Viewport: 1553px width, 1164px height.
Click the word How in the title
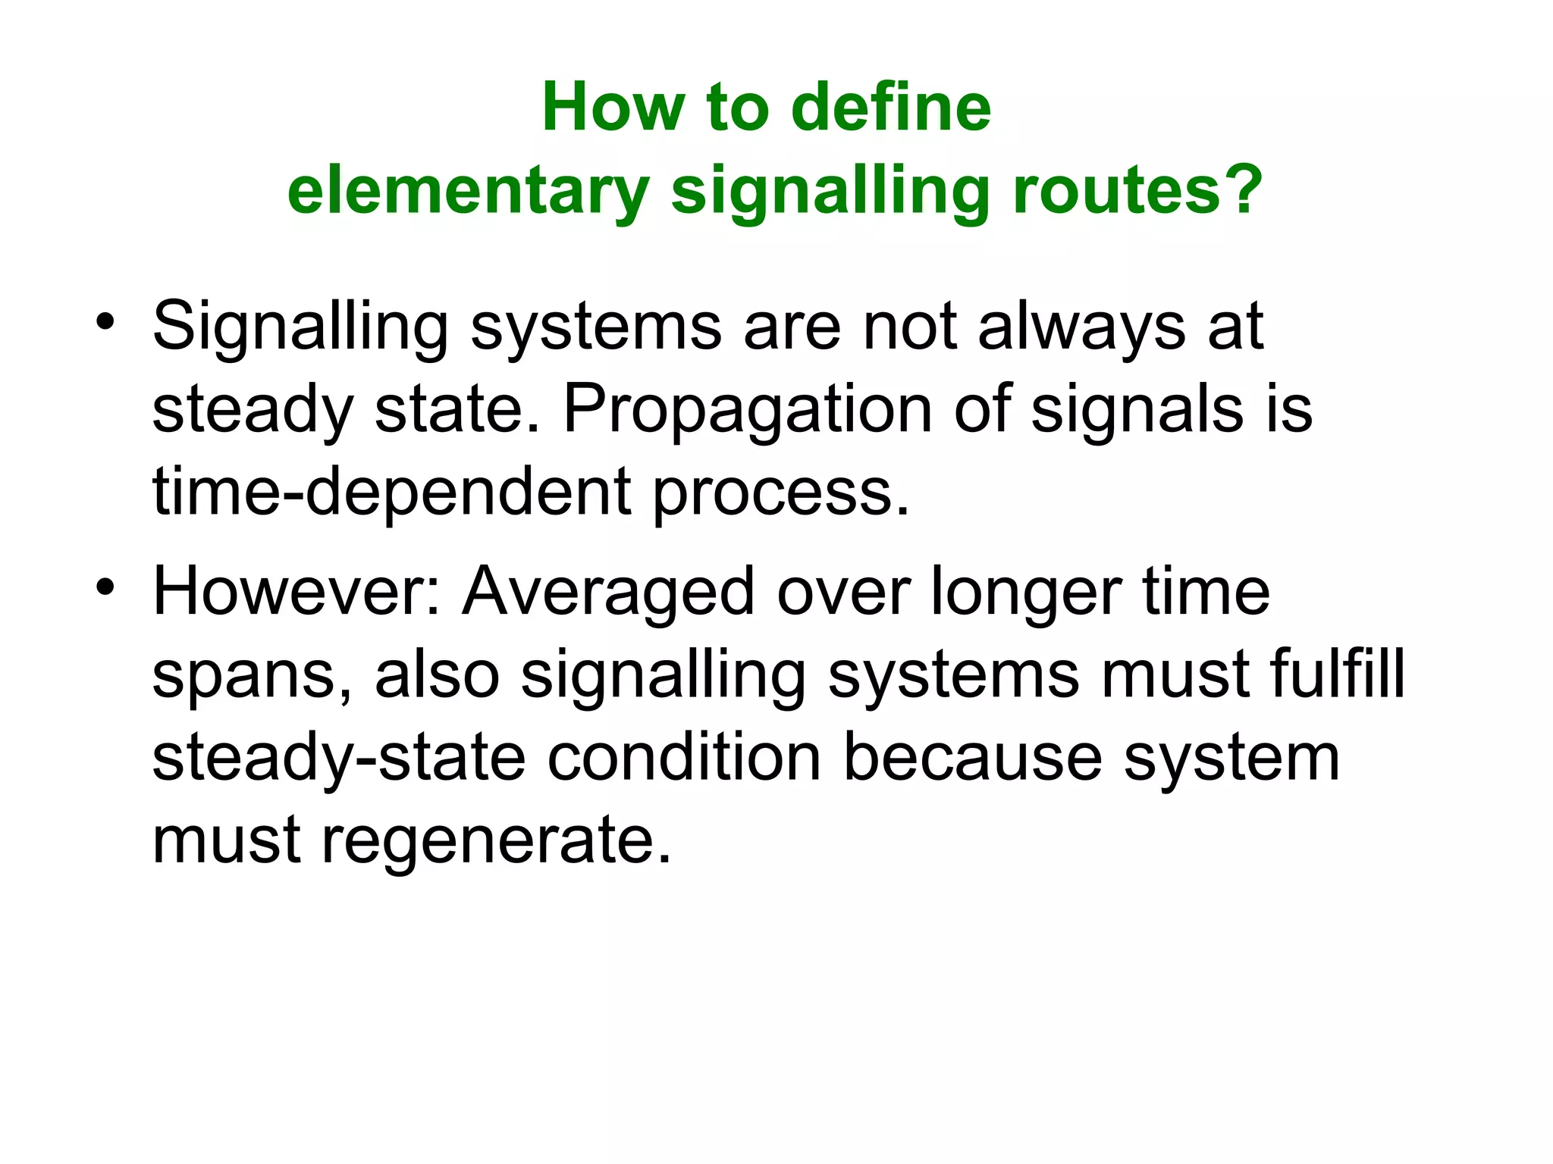pyautogui.click(x=613, y=108)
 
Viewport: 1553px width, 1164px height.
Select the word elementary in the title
pyautogui.click(x=468, y=191)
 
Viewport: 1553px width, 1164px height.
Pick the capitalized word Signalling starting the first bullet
pyautogui.click(x=300, y=327)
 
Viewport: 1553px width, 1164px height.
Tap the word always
pyautogui.click(x=1081, y=327)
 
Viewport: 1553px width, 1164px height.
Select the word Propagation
pyautogui.click(x=747, y=411)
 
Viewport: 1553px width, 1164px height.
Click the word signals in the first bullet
pyautogui.click(x=1137, y=409)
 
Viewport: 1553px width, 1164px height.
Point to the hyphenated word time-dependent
pyautogui.click(x=392, y=493)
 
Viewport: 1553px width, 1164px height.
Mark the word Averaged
pyautogui.click(x=608, y=593)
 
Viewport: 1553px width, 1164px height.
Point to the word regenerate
pyautogui.click(x=497, y=841)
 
